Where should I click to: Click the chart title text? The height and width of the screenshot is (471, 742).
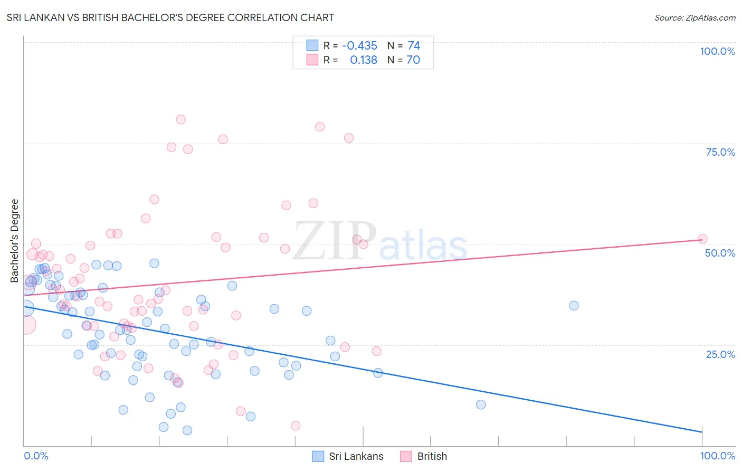[x=170, y=17]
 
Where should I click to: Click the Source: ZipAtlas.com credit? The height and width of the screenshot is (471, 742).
[x=695, y=18]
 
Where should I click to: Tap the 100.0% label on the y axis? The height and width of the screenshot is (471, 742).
[x=717, y=51]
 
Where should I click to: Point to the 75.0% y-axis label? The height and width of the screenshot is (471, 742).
[x=720, y=152]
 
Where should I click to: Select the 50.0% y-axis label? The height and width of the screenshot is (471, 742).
[x=720, y=253]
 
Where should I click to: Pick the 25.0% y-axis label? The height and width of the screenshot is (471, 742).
[x=720, y=354]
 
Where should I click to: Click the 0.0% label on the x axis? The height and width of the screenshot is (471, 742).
[x=36, y=456]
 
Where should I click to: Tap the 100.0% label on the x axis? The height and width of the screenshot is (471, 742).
[x=717, y=456]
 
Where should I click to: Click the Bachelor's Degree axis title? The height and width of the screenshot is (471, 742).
[x=15, y=241]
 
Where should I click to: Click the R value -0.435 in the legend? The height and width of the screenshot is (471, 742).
[x=359, y=45]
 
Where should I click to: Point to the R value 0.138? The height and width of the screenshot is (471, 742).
[x=364, y=60]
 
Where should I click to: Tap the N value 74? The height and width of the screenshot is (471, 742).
[x=414, y=45]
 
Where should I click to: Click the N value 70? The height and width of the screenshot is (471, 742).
[x=413, y=60]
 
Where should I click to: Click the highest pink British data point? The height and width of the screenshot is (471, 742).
[x=180, y=119]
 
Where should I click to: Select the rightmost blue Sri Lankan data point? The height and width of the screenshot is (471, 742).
[x=574, y=306]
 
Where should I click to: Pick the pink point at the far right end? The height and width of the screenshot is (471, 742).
[x=702, y=239]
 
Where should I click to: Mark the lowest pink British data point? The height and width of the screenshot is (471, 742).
[x=296, y=426]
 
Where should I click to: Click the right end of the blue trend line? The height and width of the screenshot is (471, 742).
[x=702, y=432]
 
